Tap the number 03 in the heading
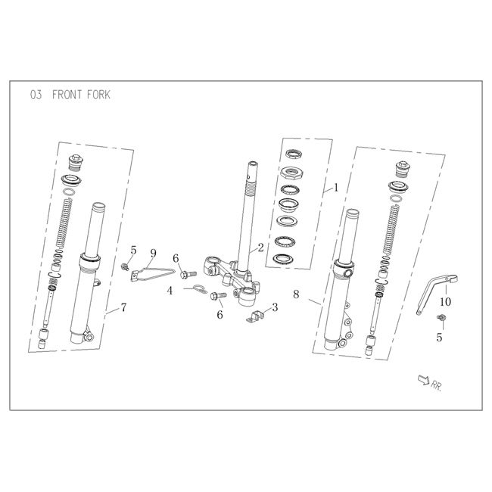coord(36,95)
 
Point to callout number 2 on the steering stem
coord(260,247)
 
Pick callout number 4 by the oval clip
coord(170,289)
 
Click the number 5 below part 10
coord(439,338)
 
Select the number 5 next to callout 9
coord(133,249)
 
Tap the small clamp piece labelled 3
coord(257,316)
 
